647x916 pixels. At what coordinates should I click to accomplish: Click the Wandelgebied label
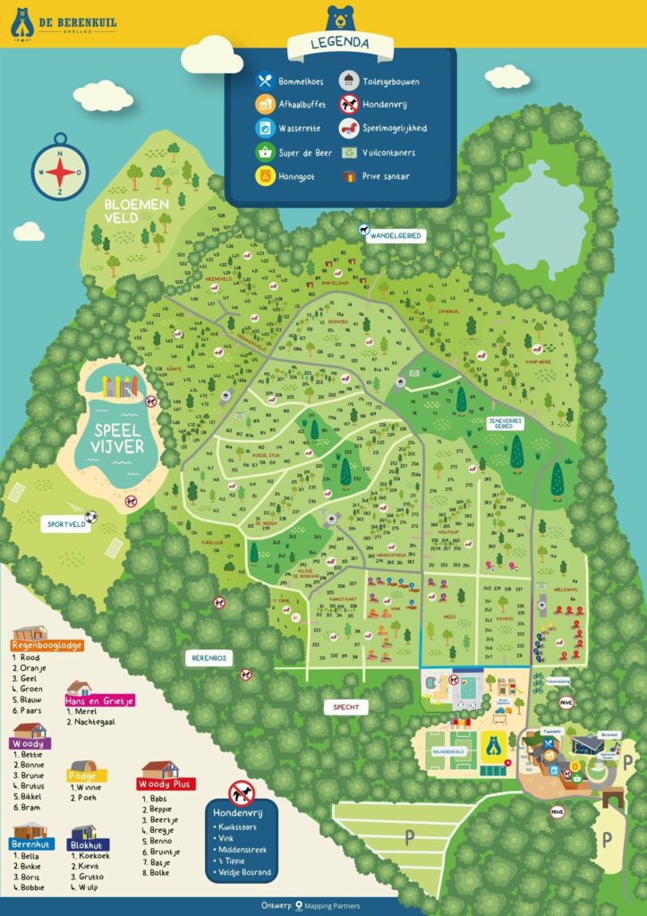tap(394, 235)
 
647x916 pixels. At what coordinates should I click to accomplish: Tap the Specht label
tap(346, 707)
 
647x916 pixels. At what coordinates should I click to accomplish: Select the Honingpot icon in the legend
tap(265, 176)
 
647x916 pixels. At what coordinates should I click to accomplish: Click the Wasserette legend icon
tap(265, 128)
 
